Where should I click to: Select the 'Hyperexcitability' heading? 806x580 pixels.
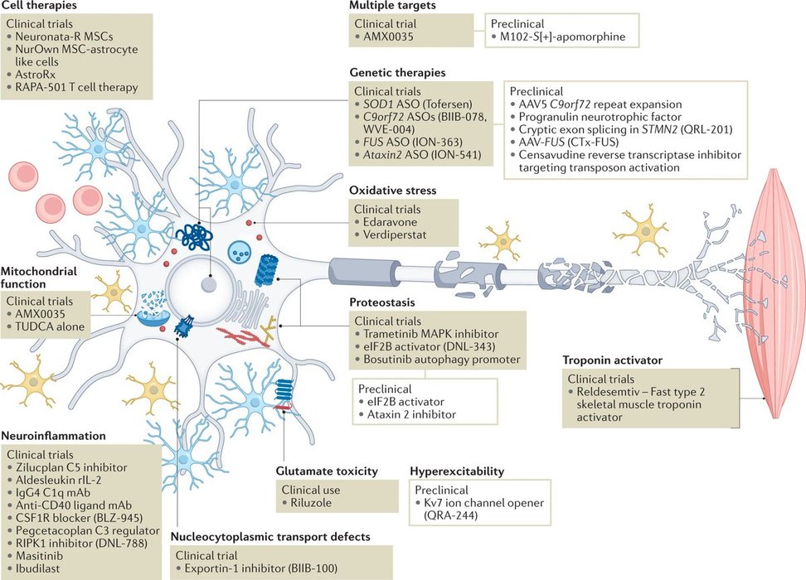(x=459, y=471)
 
